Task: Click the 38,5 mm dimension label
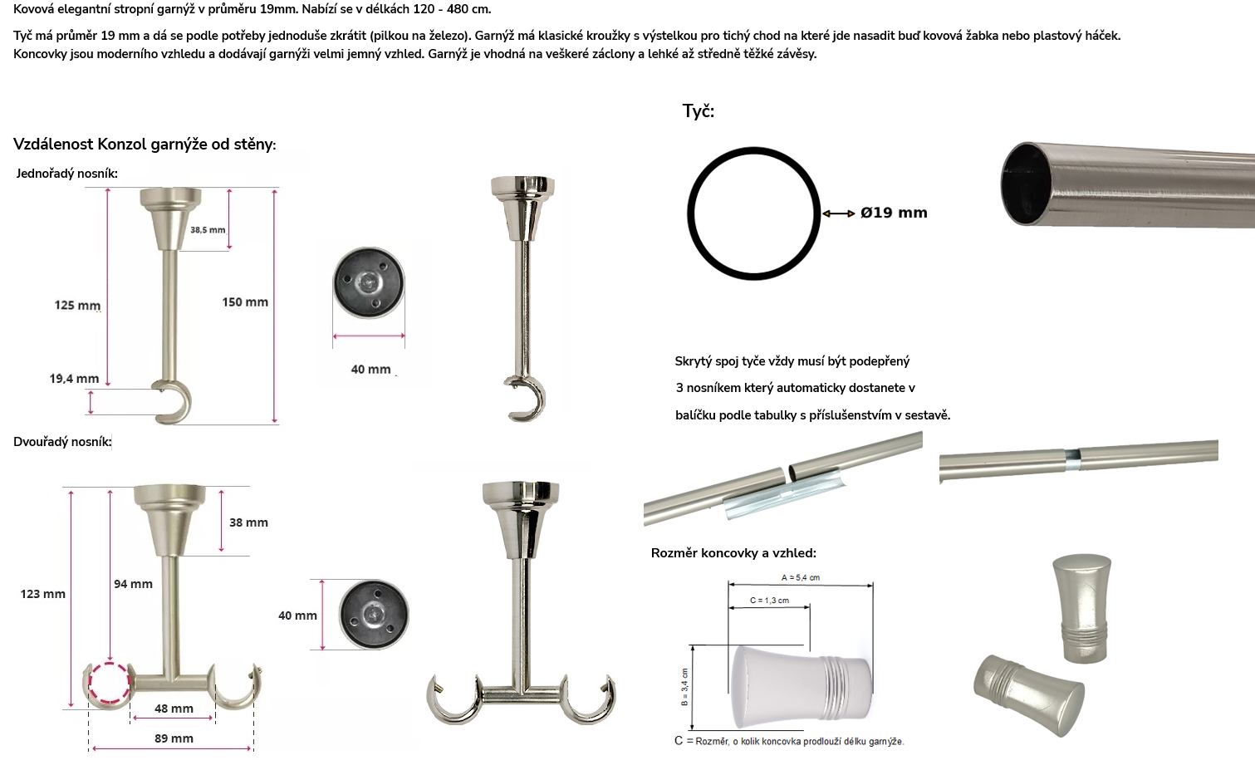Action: tap(208, 230)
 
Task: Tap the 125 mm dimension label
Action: tap(77, 306)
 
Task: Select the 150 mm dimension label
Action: tap(245, 302)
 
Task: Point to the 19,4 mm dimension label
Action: tap(74, 379)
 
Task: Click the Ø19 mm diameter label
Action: tap(894, 213)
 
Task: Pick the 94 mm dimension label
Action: tap(134, 584)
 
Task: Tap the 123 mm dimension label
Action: tap(42, 594)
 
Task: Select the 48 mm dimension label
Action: tap(174, 709)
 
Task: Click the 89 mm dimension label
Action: tap(174, 738)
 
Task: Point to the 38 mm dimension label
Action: tap(248, 522)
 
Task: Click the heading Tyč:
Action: tap(698, 111)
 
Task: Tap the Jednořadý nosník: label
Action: tap(66, 174)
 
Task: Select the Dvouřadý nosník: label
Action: tap(62, 442)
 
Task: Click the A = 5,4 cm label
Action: tap(800, 577)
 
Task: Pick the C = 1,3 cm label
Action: tap(769, 601)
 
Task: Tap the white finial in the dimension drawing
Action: tap(802, 687)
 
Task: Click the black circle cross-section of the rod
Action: tap(690, 213)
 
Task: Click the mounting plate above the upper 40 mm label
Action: tap(369, 282)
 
